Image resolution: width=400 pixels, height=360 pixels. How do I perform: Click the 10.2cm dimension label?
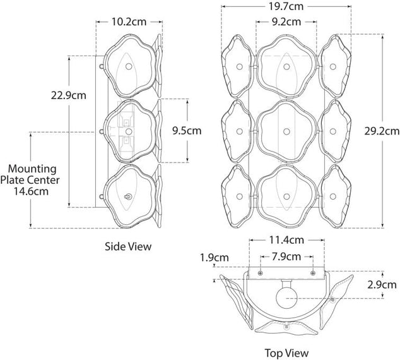coord(129,21)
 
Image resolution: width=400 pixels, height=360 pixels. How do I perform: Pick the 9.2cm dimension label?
coord(286,22)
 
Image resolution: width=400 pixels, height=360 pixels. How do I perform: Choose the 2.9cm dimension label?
coord(382,285)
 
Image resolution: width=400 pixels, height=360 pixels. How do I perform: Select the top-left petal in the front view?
coord(239,66)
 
